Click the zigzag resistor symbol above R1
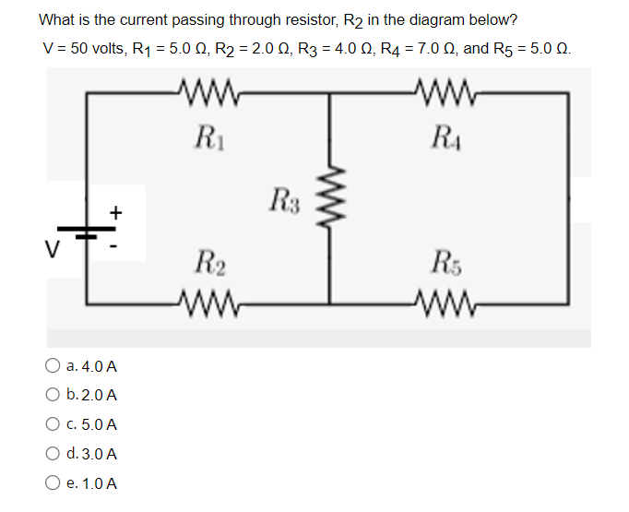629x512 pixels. tap(208, 92)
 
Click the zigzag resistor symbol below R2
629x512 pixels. tap(208, 302)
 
